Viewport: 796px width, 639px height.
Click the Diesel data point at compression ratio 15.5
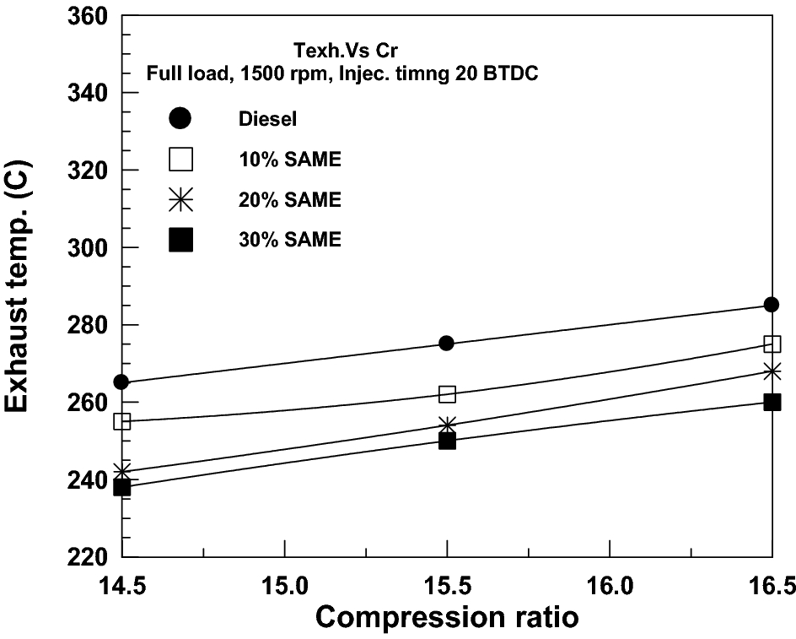click(447, 343)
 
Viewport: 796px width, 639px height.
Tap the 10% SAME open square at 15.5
click(447, 394)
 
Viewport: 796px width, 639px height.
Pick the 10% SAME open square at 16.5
click(772, 344)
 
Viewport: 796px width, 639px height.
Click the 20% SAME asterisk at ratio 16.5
click(772, 371)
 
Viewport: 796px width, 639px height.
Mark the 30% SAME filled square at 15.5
click(447, 441)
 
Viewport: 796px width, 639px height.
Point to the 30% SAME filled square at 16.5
click(772, 402)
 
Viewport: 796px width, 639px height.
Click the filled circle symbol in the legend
click(181, 118)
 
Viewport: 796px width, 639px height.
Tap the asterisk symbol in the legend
click(181, 200)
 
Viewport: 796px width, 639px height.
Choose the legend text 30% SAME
click(289, 241)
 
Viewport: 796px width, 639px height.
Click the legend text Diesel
click(262, 119)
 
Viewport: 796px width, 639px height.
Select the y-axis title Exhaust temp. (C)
click(23, 287)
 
